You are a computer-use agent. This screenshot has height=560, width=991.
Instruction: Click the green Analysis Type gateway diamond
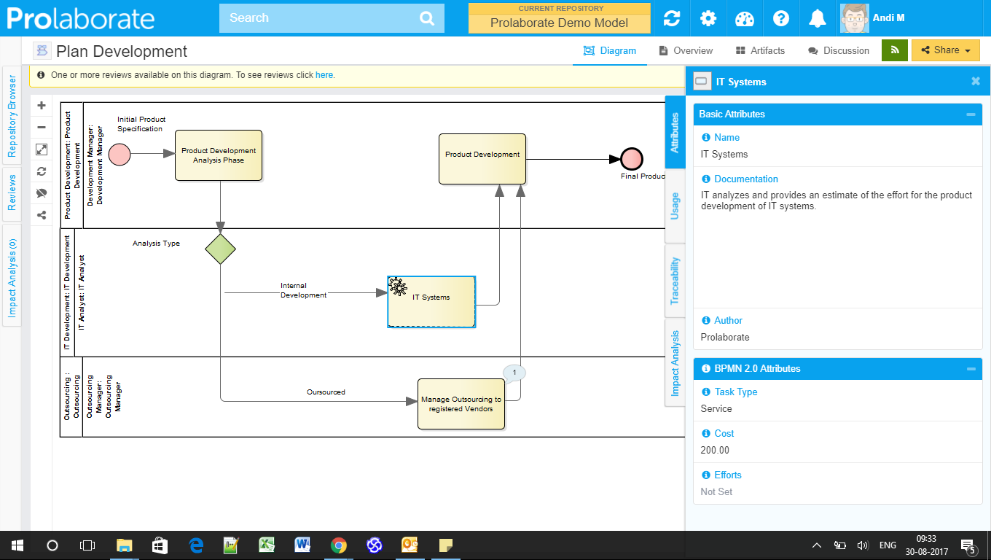[x=220, y=249]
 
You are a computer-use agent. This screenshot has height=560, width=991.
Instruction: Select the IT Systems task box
[x=431, y=301]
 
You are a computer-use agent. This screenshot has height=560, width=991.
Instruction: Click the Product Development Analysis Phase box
[x=219, y=155]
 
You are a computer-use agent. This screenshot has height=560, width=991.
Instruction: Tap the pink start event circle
[x=120, y=155]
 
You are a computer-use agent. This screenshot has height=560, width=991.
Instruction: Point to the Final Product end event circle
[x=632, y=159]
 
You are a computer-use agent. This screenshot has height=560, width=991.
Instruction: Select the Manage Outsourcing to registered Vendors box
[x=461, y=404]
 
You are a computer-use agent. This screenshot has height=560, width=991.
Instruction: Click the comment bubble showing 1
[x=514, y=373]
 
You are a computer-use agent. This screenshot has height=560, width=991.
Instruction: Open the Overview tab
[x=686, y=51]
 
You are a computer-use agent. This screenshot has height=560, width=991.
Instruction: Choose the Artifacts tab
[x=760, y=51]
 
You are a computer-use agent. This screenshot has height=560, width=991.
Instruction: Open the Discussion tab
[x=839, y=51]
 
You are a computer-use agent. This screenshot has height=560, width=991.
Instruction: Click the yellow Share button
[x=945, y=50]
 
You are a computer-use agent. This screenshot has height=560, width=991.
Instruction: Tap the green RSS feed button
[x=895, y=50]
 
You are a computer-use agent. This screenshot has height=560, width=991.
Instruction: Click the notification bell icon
[x=818, y=18]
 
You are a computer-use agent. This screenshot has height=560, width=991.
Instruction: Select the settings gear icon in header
[x=708, y=18]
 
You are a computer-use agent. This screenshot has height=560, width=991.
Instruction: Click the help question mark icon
[x=781, y=18]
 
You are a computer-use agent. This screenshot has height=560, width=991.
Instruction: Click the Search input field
[x=321, y=18]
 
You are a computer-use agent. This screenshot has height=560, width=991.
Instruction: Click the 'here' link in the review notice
[x=324, y=75]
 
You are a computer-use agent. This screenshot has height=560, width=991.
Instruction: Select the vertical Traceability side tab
[x=675, y=280]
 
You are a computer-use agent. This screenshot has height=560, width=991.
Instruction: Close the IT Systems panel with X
[x=976, y=82]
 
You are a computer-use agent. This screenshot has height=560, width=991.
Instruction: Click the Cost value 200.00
[x=715, y=451]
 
